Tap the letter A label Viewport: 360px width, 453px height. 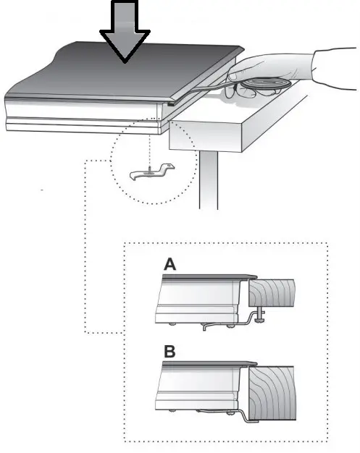pos(170,266)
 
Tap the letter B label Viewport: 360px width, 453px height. pos(170,352)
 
